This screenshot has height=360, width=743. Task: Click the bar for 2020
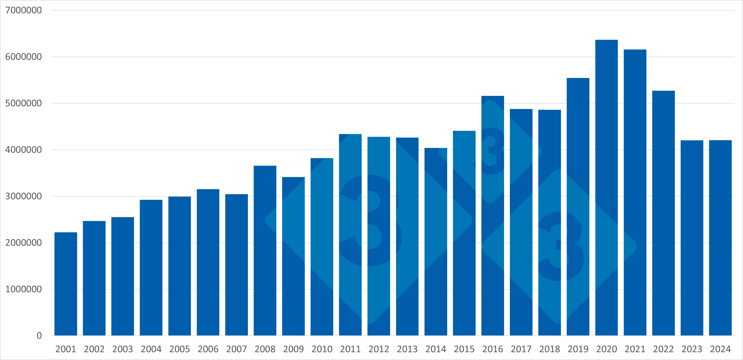[606, 188]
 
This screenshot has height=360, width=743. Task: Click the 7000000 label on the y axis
[23, 10]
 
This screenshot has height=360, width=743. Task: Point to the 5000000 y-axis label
[23, 103]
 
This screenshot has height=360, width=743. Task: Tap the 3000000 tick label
[23, 196]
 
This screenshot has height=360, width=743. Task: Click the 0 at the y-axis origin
[39, 335]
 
